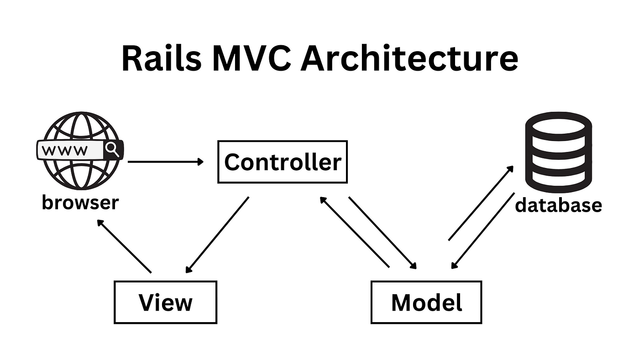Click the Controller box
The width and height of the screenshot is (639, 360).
[283, 162]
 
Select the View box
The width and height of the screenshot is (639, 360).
[165, 302]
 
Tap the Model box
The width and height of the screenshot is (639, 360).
[426, 302]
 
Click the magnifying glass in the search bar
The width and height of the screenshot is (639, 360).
[112, 149]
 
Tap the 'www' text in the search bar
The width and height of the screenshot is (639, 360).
[67, 150]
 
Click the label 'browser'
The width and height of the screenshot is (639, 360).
[80, 202]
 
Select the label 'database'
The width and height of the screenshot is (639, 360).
[558, 205]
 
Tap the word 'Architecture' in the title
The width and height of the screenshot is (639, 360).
[409, 58]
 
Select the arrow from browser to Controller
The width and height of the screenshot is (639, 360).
[166, 162]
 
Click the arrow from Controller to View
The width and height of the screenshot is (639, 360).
[217, 235]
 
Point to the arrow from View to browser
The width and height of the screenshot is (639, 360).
[124, 246]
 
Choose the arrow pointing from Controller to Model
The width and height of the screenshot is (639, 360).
[383, 233]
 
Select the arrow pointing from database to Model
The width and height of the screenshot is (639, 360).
[483, 231]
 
